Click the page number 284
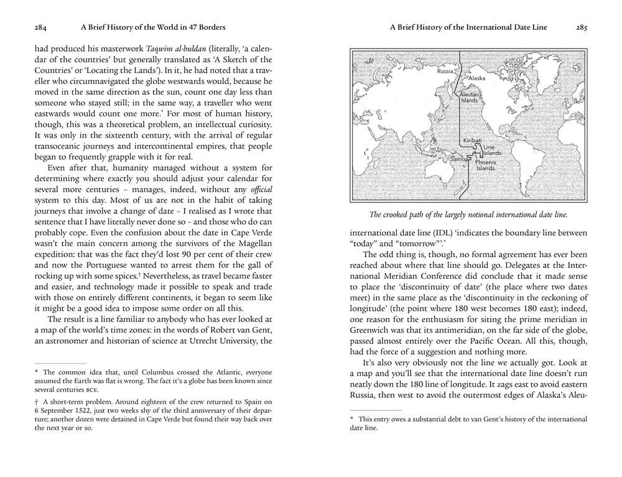[42, 27]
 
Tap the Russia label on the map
[445, 71]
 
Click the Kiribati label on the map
[472, 141]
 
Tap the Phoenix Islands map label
[486, 165]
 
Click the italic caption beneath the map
[468, 215]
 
